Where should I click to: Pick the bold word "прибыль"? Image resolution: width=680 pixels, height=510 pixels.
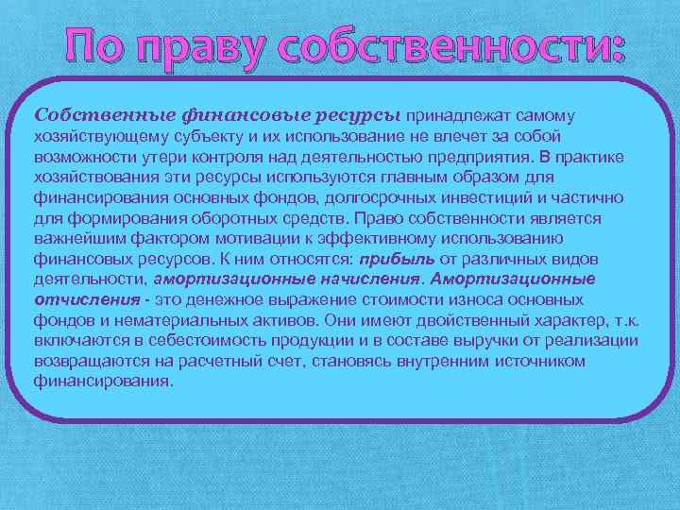click(397, 260)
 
